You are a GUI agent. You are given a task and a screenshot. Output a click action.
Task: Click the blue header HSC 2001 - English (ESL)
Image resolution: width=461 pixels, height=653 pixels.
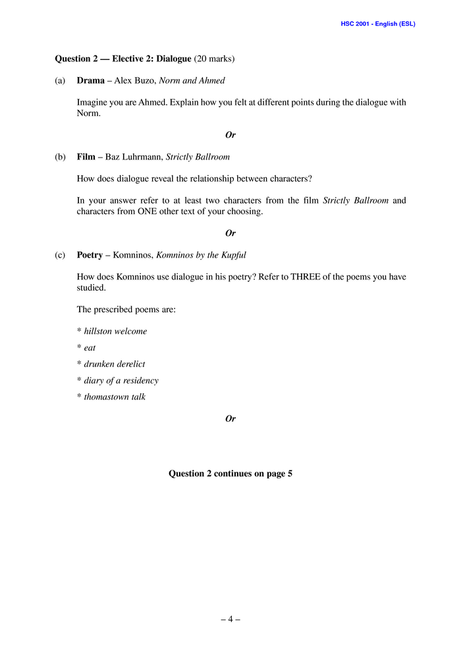377,24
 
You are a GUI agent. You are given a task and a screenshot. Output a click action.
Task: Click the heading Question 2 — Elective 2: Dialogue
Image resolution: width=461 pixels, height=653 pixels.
123,59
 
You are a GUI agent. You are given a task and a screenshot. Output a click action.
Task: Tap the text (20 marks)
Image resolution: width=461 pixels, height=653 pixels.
214,59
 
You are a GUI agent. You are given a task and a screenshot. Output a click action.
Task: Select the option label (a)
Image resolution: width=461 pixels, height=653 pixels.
61,81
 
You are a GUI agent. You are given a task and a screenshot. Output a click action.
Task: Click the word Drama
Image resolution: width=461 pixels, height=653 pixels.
90,81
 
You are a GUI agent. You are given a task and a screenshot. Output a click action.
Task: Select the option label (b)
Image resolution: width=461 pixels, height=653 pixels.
61,157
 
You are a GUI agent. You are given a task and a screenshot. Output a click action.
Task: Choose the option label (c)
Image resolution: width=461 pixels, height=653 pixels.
61,255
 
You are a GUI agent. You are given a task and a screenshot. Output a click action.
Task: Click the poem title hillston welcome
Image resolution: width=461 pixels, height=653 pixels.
115,331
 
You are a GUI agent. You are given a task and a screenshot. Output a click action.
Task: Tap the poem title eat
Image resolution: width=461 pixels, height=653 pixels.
90,348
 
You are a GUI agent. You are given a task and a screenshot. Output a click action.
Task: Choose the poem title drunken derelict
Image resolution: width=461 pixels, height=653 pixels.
115,364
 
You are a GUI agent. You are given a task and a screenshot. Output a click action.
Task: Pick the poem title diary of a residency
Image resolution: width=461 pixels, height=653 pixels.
121,381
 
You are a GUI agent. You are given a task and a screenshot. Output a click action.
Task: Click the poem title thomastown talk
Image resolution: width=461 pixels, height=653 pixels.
115,397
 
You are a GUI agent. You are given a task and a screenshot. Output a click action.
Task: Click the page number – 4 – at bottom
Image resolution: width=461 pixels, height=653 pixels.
230,619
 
